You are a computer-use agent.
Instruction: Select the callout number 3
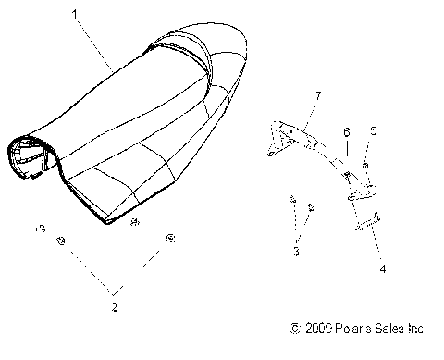point(295,252)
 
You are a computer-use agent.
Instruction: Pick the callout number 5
point(373,131)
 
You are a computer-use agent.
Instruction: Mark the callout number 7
point(317,96)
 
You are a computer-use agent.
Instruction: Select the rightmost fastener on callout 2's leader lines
point(170,239)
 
